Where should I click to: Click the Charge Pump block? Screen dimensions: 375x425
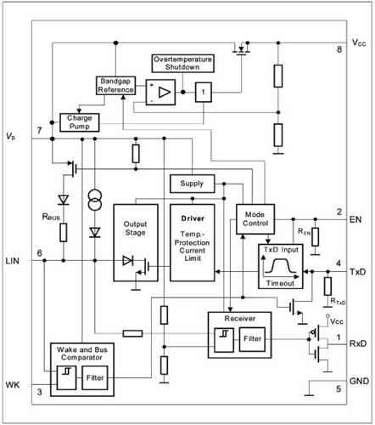80,122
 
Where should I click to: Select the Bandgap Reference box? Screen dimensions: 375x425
115,86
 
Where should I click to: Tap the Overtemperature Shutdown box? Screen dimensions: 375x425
182,64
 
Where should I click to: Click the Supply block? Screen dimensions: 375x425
193,184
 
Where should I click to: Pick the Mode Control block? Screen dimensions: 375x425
255,219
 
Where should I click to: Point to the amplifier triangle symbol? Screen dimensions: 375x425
165,93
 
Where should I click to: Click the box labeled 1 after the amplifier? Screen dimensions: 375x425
204,93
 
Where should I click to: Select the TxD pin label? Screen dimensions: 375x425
358,272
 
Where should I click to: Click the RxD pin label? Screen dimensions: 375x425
358,343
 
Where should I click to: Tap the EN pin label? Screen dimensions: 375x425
355,219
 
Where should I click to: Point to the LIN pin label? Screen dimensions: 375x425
13,261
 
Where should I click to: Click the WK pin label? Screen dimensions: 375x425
13,385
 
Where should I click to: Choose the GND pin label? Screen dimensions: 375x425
359,381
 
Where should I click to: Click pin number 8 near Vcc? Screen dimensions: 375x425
339,49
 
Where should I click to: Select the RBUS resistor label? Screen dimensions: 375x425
51,217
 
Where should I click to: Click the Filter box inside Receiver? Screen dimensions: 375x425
252,339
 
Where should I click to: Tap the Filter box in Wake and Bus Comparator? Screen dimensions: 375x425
95,378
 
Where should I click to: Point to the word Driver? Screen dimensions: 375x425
193,218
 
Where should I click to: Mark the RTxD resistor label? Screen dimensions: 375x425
338,301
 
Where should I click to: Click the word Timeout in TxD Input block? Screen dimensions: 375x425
280,283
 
